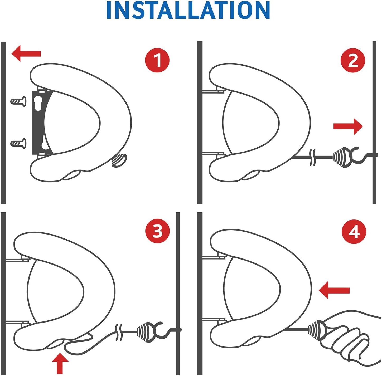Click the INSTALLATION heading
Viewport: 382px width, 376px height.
point(188,10)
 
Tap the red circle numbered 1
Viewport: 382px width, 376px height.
point(157,60)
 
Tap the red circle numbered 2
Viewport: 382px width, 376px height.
point(353,60)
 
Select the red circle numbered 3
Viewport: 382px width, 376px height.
point(157,231)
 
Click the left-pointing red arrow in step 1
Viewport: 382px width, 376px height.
point(26,53)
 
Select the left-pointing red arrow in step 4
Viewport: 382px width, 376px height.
point(334,290)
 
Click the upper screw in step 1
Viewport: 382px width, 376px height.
point(18,101)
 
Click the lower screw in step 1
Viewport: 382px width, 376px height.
point(18,143)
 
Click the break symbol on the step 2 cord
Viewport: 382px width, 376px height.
point(312,158)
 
